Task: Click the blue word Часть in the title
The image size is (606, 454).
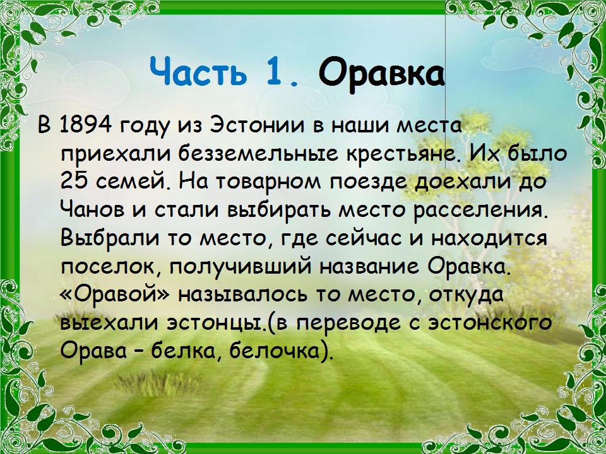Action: click(198, 71)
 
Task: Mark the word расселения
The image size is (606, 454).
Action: click(481, 211)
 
